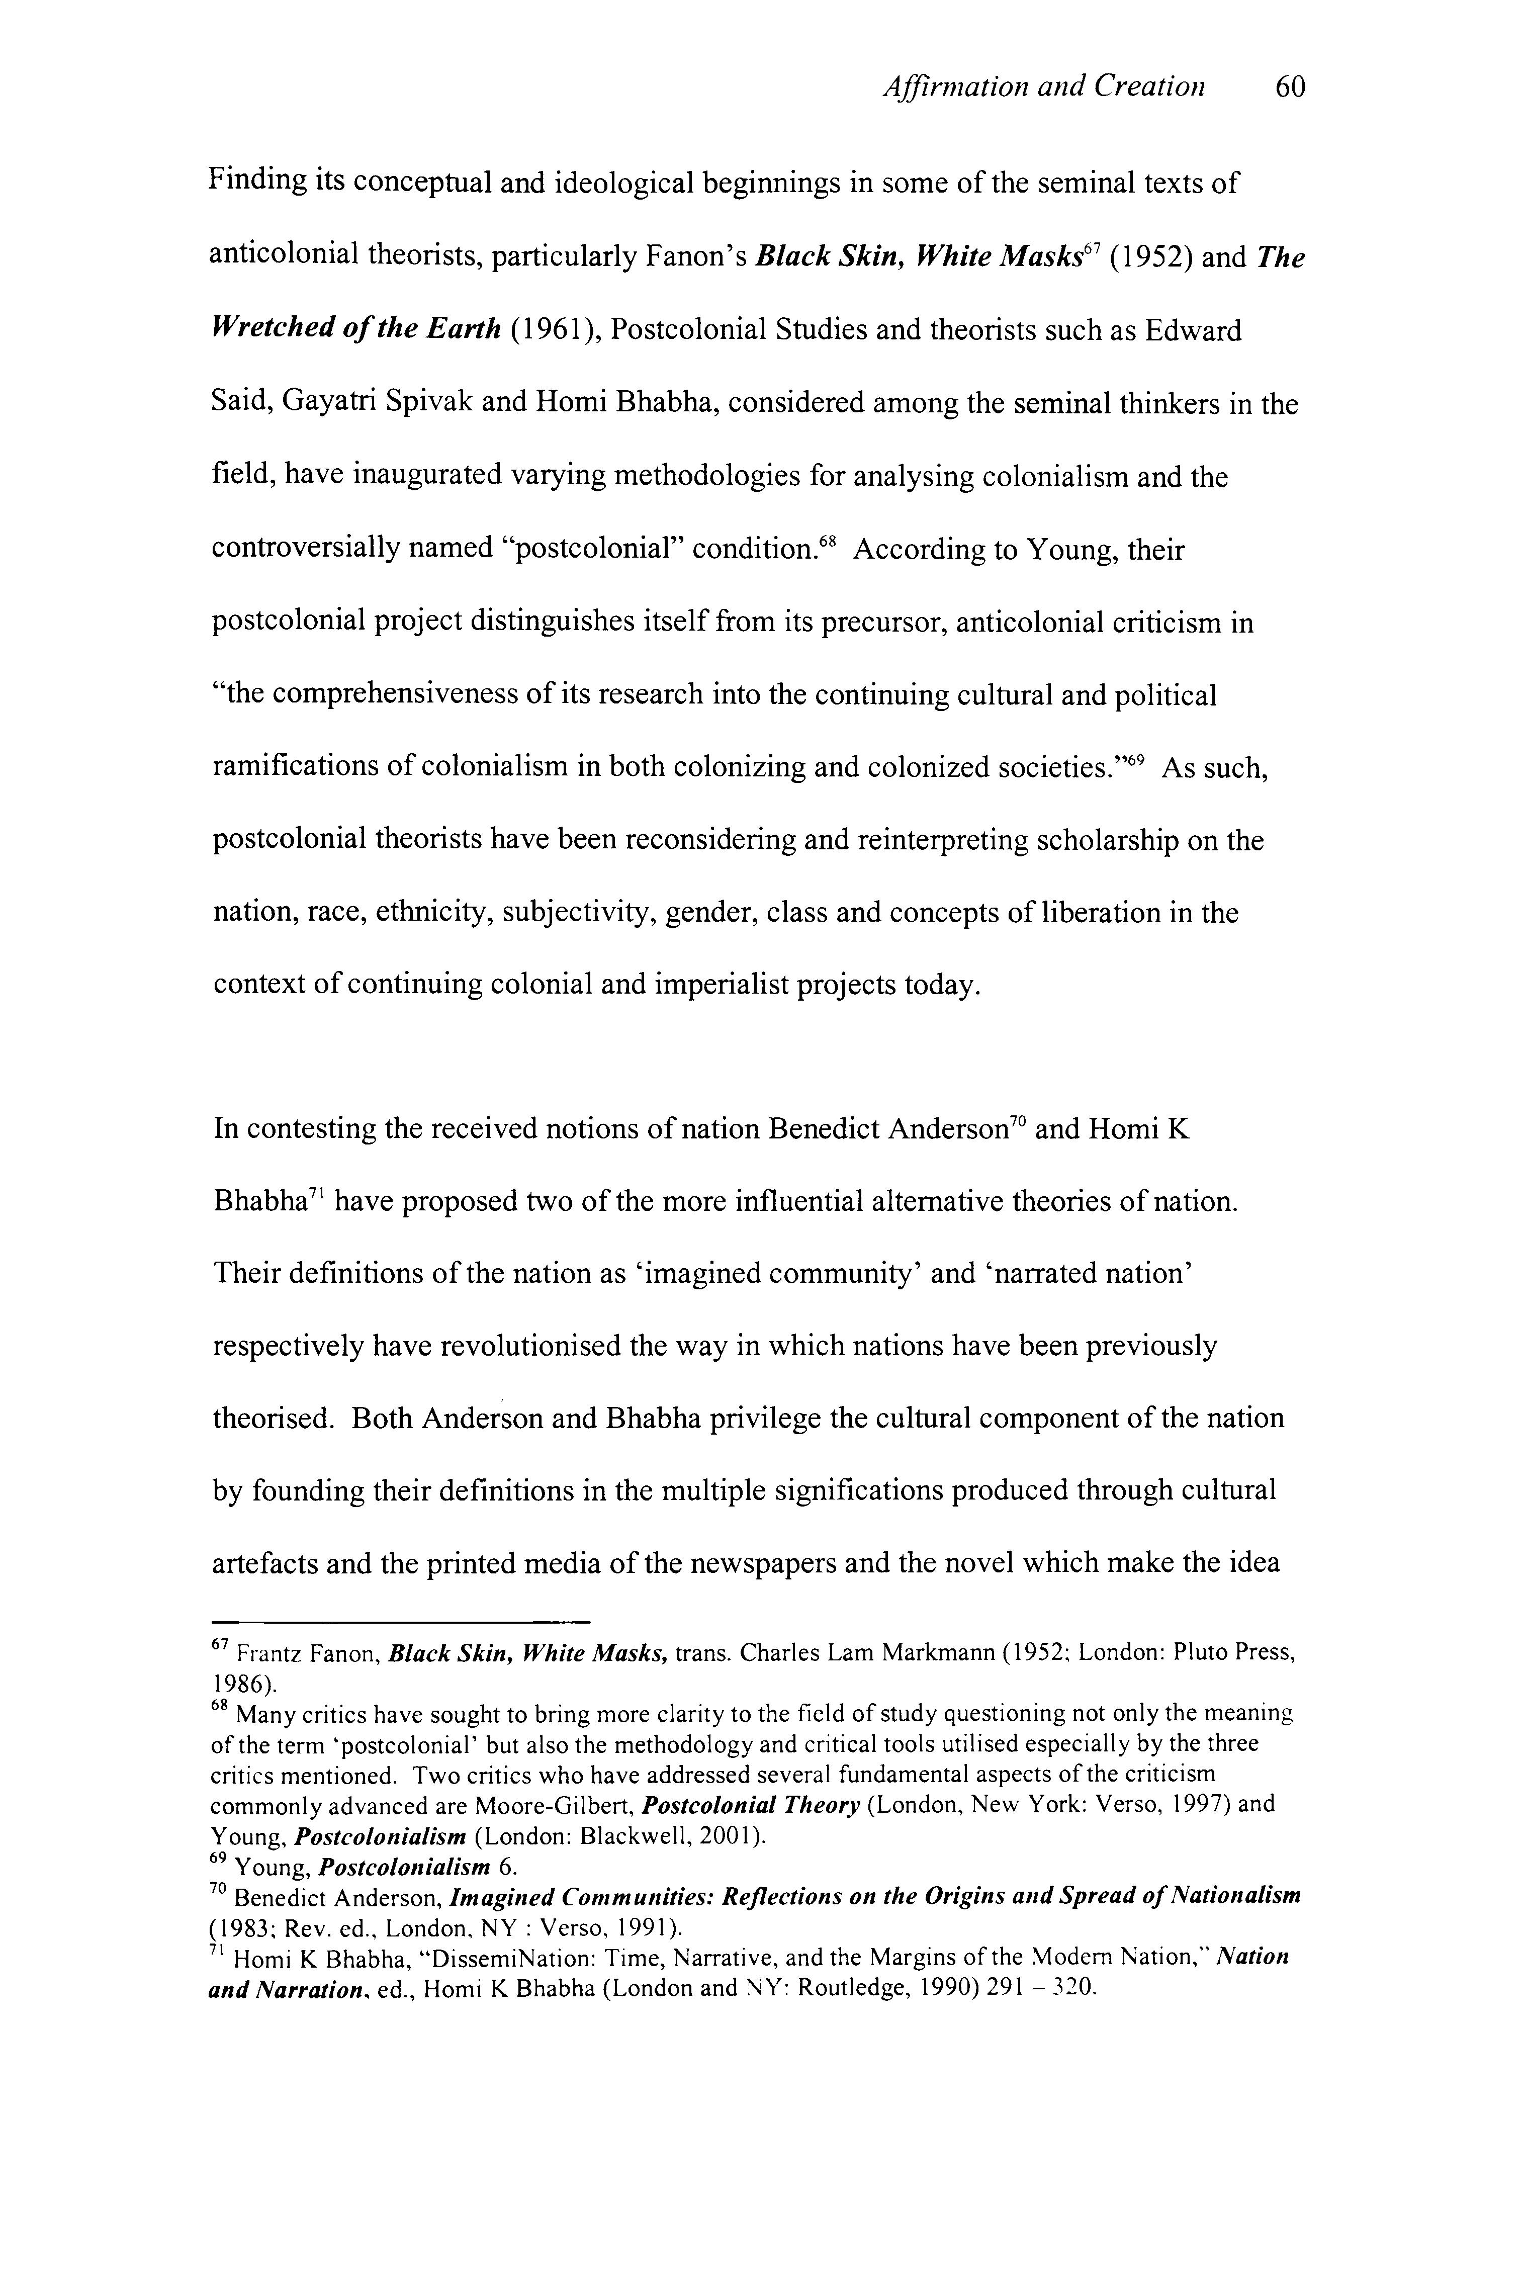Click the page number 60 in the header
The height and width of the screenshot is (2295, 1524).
(x=1290, y=89)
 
